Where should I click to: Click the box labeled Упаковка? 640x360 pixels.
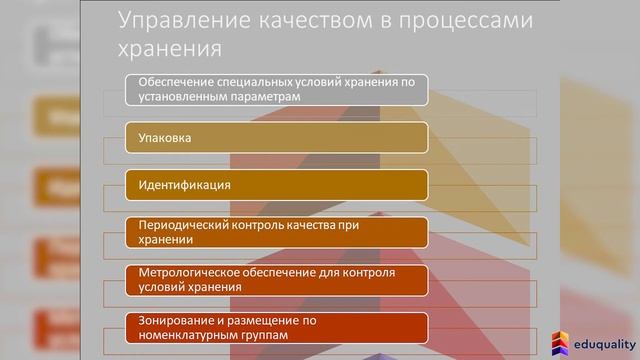coord(277,137)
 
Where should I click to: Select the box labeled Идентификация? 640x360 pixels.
coord(277,185)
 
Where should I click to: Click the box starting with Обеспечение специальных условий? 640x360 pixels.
coord(277,90)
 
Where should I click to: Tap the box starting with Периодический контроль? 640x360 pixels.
coord(277,232)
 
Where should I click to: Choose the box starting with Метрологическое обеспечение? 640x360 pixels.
coord(277,279)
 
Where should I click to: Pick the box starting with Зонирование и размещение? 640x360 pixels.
coord(277,327)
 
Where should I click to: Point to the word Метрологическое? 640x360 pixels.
coord(185,273)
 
